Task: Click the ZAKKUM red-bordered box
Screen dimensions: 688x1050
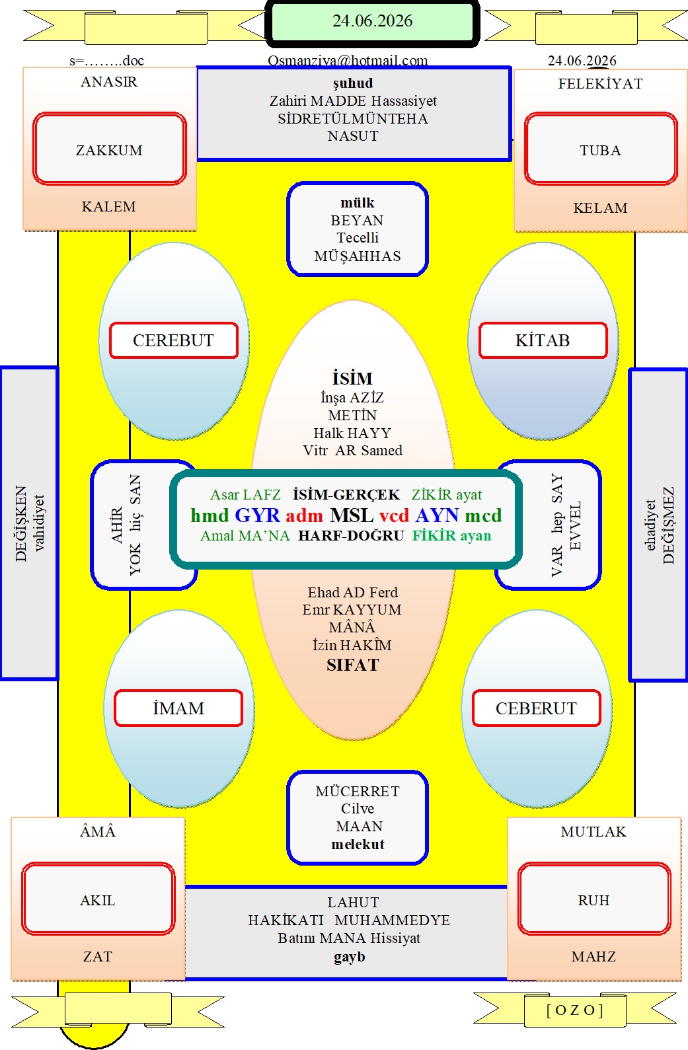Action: (109, 149)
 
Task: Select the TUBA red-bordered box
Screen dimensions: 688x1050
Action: (601, 149)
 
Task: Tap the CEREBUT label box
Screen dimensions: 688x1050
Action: (174, 340)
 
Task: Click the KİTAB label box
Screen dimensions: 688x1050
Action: (543, 340)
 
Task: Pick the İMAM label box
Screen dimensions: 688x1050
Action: (178, 708)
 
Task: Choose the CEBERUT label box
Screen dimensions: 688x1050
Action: (536, 708)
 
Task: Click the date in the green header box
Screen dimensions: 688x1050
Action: (372, 21)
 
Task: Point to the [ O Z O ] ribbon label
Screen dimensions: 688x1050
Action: (574, 1010)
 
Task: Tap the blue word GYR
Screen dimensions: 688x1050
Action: (257, 515)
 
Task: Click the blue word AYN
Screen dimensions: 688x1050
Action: (437, 515)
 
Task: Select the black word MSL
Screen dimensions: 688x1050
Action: (352, 515)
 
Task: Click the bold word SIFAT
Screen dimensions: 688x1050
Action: (353, 665)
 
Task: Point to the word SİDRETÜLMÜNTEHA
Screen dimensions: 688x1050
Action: (353, 118)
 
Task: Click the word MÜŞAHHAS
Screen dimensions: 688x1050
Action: (358, 256)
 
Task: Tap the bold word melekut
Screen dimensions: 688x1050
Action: (358, 844)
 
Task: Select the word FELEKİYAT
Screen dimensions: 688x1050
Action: (600, 83)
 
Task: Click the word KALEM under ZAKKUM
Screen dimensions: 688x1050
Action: (109, 207)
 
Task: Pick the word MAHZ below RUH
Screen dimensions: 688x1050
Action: (593, 956)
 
